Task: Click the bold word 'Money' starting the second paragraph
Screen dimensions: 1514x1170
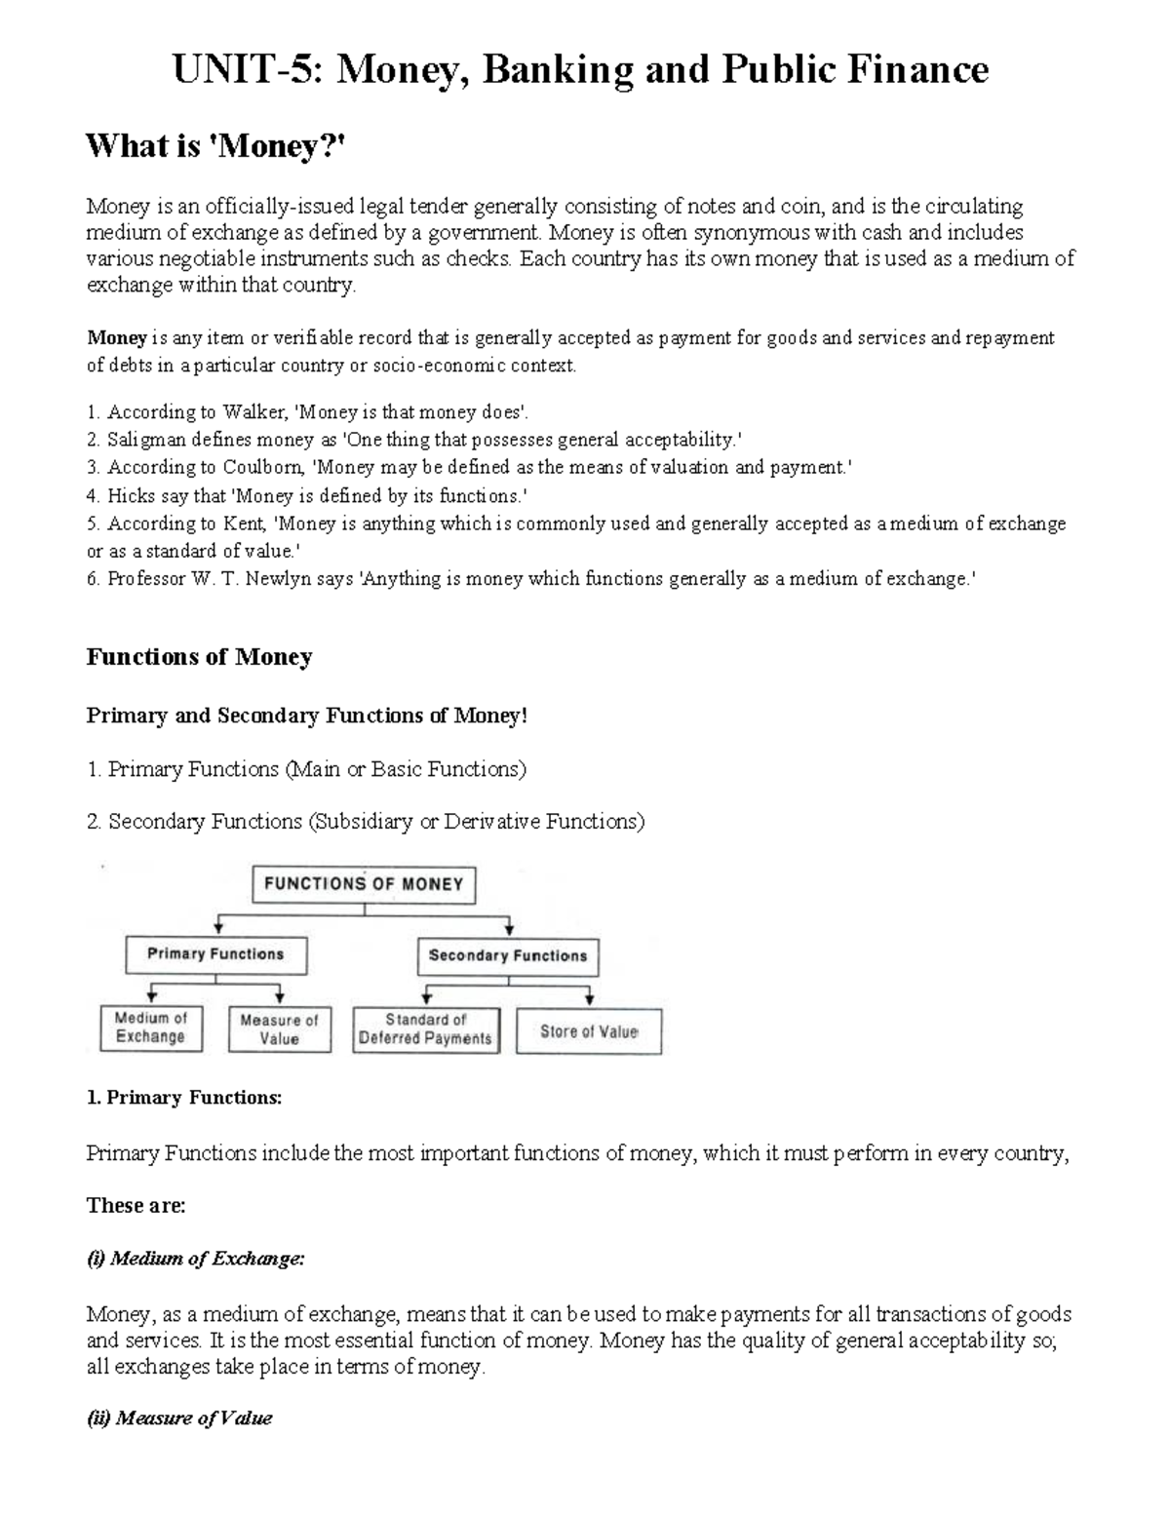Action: pyautogui.click(x=116, y=338)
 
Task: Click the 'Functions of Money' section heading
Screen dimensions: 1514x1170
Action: pyautogui.click(x=199, y=657)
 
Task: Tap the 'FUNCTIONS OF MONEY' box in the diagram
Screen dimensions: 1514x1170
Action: pyautogui.click(x=364, y=884)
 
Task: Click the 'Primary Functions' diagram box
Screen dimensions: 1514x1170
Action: pyautogui.click(x=215, y=954)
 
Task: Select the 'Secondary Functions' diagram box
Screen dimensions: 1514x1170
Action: pyautogui.click(x=508, y=956)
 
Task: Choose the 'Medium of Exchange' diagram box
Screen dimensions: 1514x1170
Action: pyautogui.click(x=150, y=1028)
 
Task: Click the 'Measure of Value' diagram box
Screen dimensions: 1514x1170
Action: pyautogui.click(x=279, y=1029)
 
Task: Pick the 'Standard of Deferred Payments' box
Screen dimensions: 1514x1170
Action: pyautogui.click(x=425, y=1029)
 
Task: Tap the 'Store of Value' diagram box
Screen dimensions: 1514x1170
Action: pyautogui.click(x=589, y=1031)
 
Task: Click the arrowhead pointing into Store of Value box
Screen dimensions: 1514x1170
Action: pyautogui.click(x=589, y=999)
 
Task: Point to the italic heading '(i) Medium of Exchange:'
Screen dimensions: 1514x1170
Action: pyautogui.click(x=196, y=1260)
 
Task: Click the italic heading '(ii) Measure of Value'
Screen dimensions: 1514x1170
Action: pyautogui.click(x=179, y=1418)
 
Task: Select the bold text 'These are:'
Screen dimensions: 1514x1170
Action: pyautogui.click(x=136, y=1206)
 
